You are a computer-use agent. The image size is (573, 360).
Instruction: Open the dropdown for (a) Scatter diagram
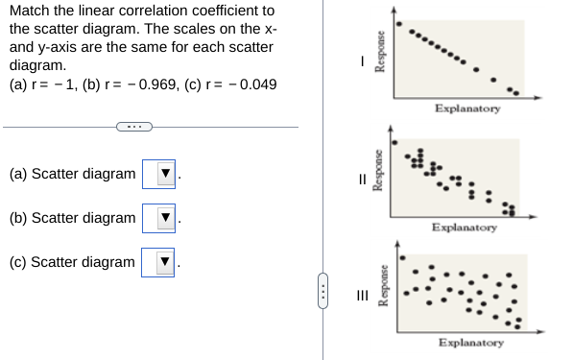[x=158, y=175]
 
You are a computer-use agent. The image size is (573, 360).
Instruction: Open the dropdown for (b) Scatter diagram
[x=158, y=219]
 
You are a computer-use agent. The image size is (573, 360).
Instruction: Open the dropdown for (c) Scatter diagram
[x=158, y=262]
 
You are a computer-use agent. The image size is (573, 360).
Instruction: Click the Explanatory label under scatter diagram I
[x=466, y=108]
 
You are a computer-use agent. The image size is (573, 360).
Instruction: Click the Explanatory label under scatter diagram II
[x=464, y=228]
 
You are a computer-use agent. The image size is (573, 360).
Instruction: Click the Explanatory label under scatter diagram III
[x=470, y=342]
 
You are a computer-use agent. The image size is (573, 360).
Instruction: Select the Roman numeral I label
[x=361, y=60]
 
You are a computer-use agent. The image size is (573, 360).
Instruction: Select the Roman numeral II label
[x=362, y=178]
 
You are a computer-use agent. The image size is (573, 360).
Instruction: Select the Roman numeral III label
[x=362, y=296]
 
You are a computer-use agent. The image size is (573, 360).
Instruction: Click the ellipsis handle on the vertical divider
[x=323, y=285]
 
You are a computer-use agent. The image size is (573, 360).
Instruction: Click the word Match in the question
[x=29, y=12]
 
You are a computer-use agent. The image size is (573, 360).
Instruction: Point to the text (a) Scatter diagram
[x=72, y=175]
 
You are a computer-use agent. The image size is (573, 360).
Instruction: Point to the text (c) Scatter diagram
[x=72, y=262]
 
